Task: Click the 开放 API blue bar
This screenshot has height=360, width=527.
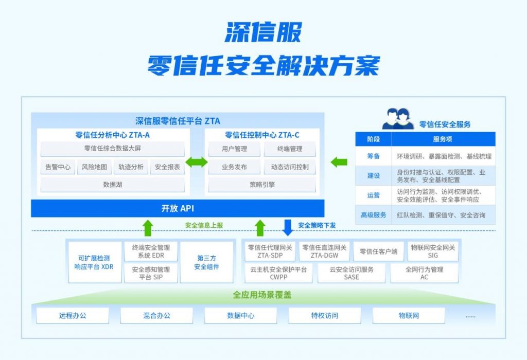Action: (178, 208)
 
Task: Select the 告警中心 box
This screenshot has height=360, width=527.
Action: (58, 167)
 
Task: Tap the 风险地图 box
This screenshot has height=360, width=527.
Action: (95, 167)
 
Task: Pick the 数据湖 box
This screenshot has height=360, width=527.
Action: (113, 185)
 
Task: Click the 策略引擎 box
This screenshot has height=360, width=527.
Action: (262, 185)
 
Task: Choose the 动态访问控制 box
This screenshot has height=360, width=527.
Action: (290, 167)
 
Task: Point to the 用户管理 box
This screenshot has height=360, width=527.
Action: (234, 149)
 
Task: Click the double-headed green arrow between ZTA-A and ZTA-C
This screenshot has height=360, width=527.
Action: (197, 162)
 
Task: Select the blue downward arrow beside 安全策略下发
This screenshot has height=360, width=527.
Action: (288, 227)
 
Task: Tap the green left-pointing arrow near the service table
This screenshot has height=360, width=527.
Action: (339, 162)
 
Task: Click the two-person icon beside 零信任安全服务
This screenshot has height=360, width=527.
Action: (398, 119)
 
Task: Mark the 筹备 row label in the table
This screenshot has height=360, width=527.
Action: (374, 156)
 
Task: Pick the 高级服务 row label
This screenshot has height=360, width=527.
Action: (374, 215)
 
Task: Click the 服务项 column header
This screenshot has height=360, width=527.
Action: (443, 139)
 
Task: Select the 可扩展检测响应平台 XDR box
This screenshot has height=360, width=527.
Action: (95, 262)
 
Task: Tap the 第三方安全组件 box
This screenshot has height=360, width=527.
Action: (207, 262)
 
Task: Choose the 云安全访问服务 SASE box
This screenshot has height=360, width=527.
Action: (351, 273)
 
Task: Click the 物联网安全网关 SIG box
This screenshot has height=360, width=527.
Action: (433, 251)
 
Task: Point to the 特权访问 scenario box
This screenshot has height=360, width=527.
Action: (325, 316)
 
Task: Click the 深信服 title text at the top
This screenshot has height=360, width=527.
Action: (263, 32)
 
